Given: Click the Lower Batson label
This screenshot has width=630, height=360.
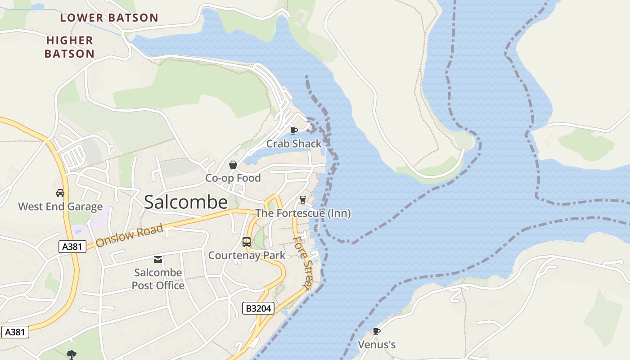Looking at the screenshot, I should pos(109,18).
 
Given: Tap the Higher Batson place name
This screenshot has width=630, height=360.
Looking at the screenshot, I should pos(70,47).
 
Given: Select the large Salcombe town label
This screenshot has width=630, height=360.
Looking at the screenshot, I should pos(185,202).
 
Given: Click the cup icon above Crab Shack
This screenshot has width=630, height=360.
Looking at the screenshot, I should pos(293,130).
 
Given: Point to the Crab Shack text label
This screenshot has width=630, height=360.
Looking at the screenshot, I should pos(294,144).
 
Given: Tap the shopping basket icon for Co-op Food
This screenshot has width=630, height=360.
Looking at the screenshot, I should pos(233,165).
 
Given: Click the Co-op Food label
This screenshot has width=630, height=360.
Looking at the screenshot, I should pos(233,178).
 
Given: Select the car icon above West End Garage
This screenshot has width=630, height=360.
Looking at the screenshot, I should pos(60,193).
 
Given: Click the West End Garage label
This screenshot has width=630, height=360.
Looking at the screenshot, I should pos(60,207).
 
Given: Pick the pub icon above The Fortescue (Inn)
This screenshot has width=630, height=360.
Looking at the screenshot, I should pos(303,200).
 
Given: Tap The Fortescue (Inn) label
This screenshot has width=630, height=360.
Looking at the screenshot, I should pos(303,213).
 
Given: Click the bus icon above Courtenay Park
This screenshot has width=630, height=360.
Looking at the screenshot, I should pos(247,242).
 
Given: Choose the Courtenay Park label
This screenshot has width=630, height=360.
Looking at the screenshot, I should pos(247,256).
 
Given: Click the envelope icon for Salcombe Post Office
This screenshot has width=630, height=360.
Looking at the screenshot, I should pos(158,259).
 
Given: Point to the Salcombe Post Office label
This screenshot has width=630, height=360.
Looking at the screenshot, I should pos(158,279).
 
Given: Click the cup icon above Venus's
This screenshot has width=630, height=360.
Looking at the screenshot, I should pos(377,332).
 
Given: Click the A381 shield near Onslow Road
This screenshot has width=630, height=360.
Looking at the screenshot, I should pos(72,246).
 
